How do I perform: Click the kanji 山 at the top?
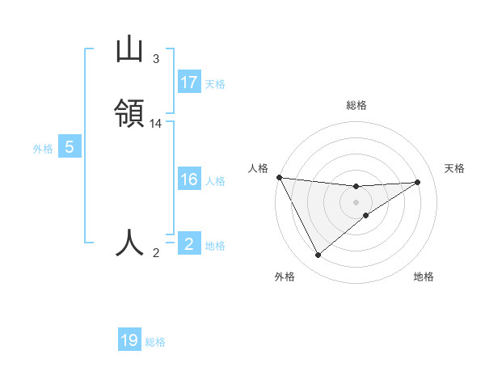(129, 50)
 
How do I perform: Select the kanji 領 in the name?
(129, 114)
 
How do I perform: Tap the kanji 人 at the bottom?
(129, 243)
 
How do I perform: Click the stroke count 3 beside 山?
(156, 59)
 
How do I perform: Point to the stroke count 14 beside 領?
(156, 124)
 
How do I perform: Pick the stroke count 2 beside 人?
(156, 253)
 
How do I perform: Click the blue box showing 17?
(189, 82)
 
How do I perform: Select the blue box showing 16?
(189, 179)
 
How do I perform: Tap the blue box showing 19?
(129, 340)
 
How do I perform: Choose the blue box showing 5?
(70, 147)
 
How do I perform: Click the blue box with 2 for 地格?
(189, 244)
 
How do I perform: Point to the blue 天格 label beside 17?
(215, 84)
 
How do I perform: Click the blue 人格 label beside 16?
(215, 181)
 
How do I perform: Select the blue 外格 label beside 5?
(43, 149)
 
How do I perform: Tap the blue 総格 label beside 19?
(155, 342)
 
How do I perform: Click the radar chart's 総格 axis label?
(356, 105)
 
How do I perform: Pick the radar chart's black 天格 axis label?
(455, 168)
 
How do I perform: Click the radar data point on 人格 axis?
(279, 177)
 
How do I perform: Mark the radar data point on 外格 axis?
(318, 255)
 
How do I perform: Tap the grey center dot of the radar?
(356, 202)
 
